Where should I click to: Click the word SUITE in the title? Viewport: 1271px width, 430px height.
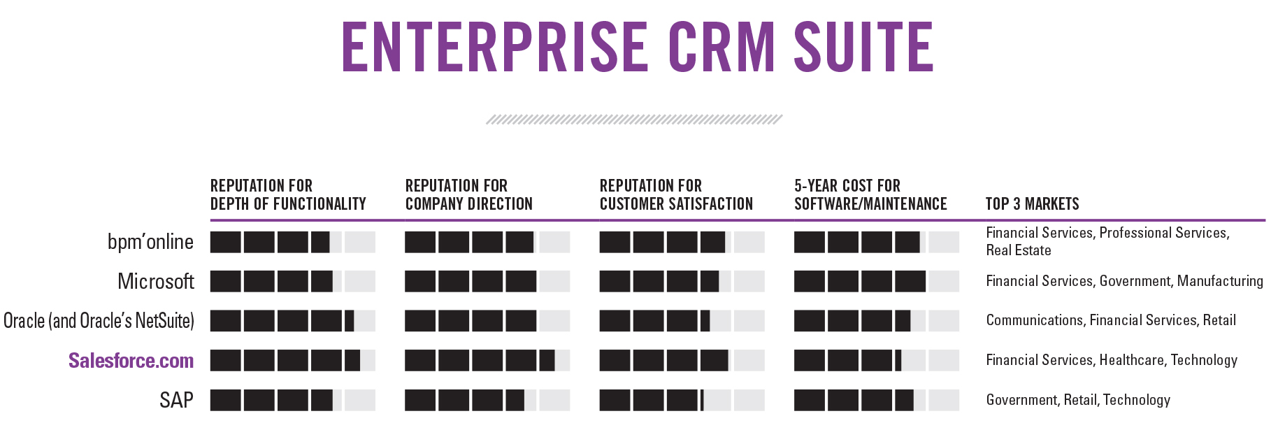tap(863, 47)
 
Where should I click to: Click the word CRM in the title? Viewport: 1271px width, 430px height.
tap(721, 47)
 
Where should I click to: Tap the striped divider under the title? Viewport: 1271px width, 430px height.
tap(634, 120)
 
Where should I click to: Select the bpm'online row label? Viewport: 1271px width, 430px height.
tap(150, 242)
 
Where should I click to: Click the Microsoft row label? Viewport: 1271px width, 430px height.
tap(155, 281)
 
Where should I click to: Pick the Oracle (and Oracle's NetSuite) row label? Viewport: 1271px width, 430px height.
tap(99, 321)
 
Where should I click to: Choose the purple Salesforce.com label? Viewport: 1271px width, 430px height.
tap(131, 361)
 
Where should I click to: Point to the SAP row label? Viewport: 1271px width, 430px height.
tap(176, 400)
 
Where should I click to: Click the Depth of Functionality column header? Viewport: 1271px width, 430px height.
tap(288, 195)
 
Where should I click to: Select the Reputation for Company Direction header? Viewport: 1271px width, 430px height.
tap(468, 195)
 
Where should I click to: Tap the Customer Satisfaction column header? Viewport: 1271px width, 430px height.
tap(676, 195)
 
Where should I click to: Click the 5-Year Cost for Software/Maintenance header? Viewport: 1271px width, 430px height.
tap(870, 195)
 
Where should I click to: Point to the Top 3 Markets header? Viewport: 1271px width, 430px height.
tap(1032, 204)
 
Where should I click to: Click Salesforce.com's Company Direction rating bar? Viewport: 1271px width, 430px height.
tap(487, 360)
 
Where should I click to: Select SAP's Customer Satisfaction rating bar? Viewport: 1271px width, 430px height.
tap(682, 400)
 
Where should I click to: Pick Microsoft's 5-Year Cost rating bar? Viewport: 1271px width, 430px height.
tap(876, 281)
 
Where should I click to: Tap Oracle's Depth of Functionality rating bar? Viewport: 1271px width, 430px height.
tap(292, 321)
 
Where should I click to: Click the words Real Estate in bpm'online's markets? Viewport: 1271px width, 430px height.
tap(1018, 250)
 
